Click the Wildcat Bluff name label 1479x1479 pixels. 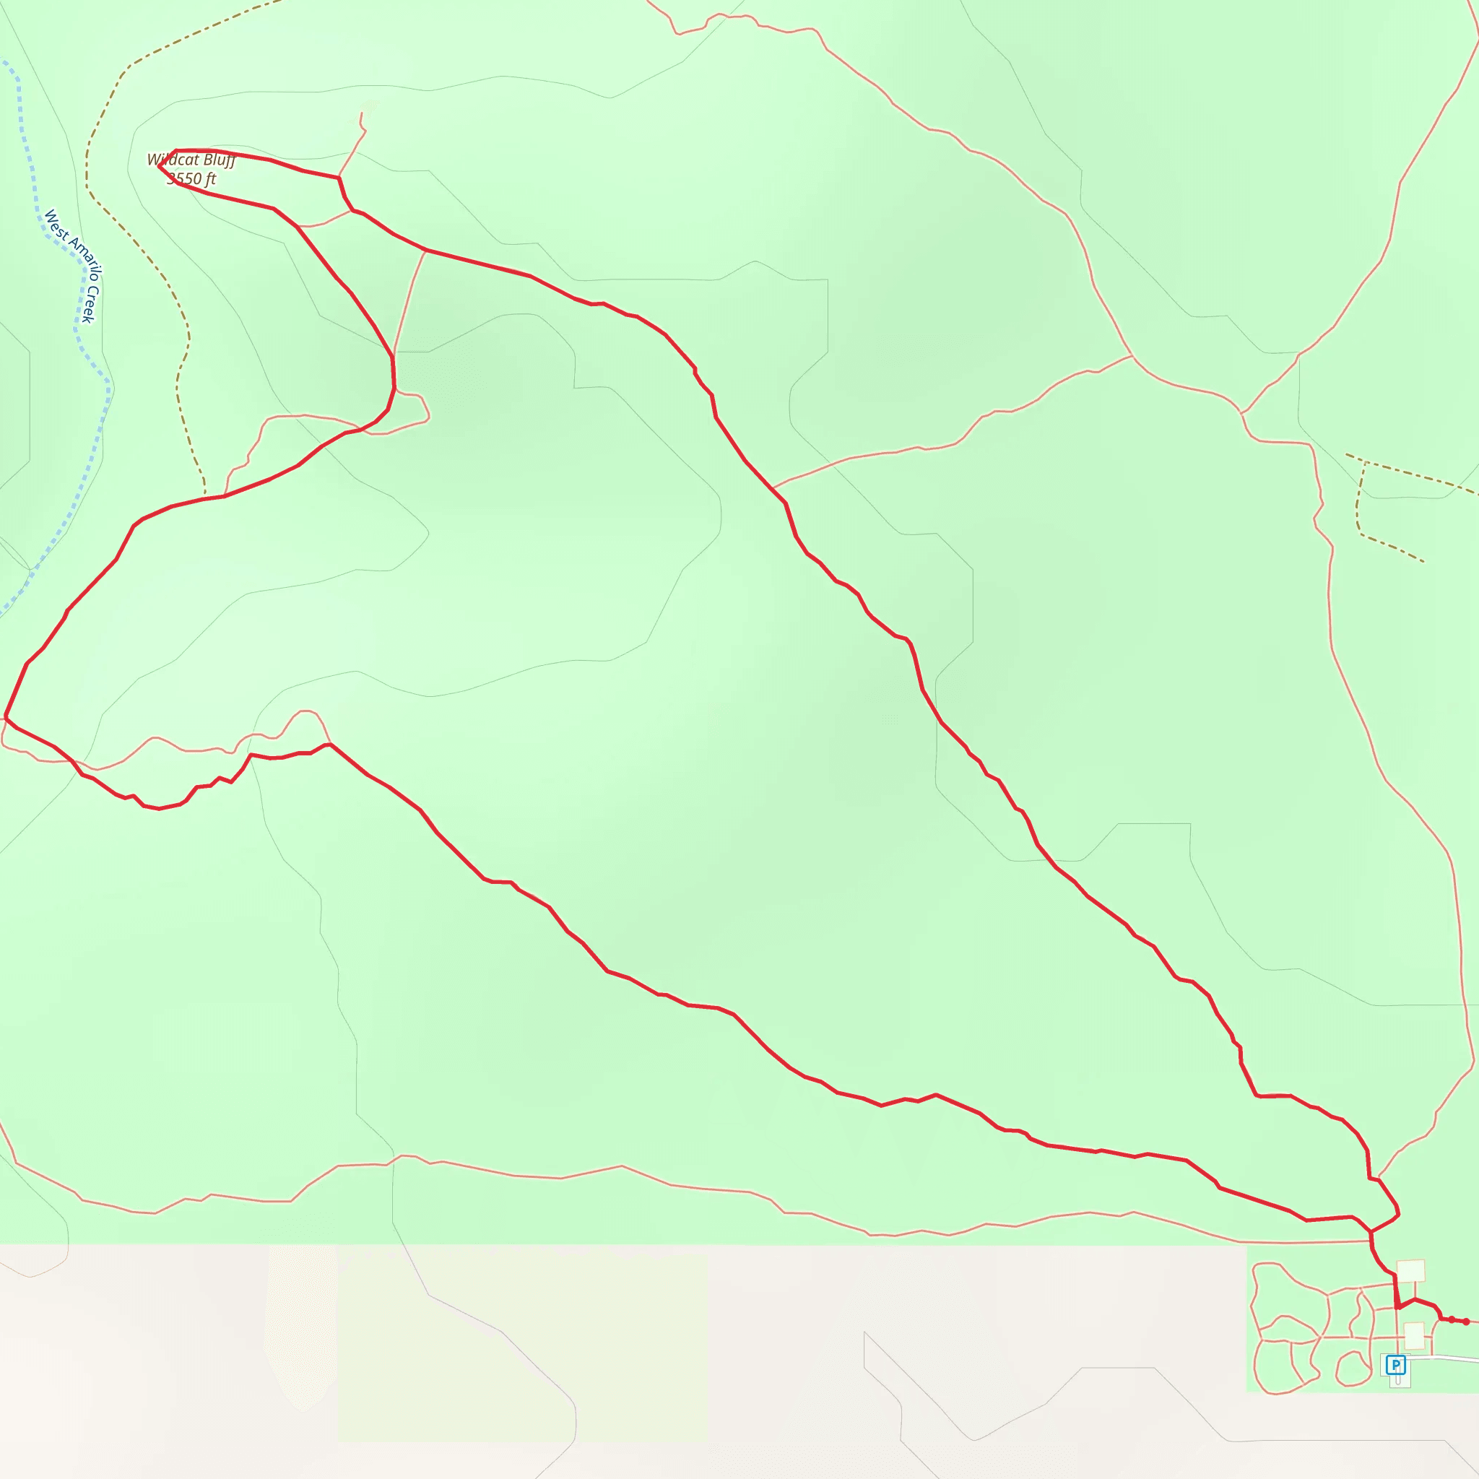coord(191,160)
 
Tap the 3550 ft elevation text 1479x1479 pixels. coord(191,179)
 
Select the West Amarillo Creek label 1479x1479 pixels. coord(74,264)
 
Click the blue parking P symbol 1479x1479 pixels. coord(1395,1365)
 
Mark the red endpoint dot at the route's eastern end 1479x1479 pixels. coord(1465,1322)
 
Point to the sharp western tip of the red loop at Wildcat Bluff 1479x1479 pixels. coord(158,165)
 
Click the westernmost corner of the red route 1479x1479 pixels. coord(5,716)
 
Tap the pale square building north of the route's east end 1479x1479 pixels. coord(1411,1271)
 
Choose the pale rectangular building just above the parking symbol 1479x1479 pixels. coord(1414,1336)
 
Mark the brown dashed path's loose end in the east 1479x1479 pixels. coord(1423,562)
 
